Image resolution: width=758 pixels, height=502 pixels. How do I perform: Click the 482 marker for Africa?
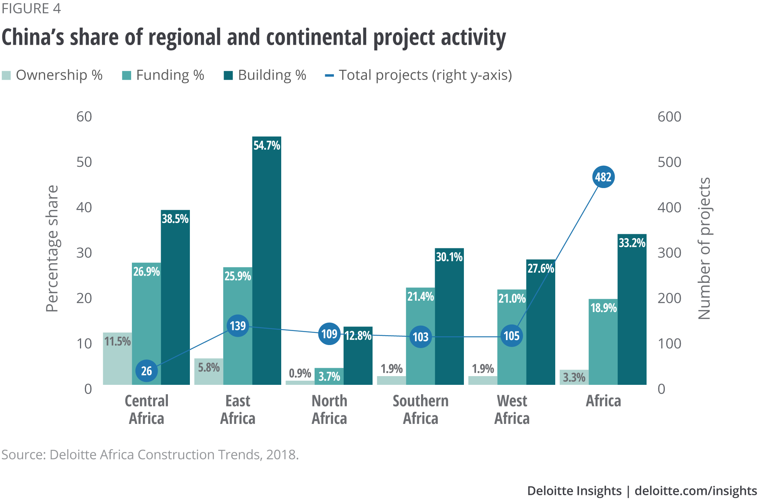point(603,177)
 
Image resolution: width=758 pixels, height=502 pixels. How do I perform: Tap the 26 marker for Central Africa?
point(146,370)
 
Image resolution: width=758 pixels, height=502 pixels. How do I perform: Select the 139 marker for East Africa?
point(238,326)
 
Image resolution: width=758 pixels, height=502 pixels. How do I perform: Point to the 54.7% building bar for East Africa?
point(266,262)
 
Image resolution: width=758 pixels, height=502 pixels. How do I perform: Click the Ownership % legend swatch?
point(6,75)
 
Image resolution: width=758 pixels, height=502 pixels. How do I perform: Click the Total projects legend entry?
point(425,75)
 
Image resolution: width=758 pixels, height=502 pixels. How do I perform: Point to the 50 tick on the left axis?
point(84,162)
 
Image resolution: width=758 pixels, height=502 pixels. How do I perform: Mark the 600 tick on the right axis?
point(669,116)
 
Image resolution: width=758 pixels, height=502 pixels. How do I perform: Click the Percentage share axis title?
point(52,249)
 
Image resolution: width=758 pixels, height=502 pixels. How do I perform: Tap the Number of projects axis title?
point(704,249)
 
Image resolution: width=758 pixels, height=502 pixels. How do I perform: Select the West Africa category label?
point(512,409)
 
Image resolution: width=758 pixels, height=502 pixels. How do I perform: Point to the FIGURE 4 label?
point(31,8)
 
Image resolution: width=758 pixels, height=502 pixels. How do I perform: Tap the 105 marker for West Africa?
point(512,336)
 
